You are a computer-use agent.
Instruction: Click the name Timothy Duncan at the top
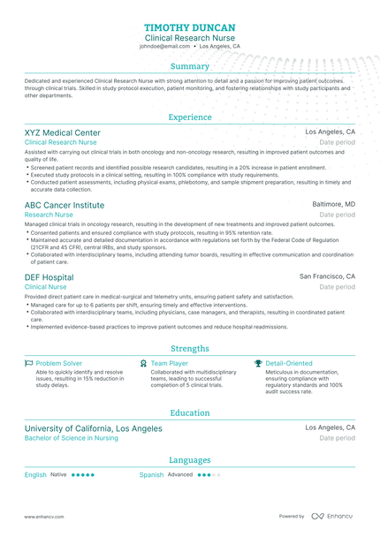click(x=189, y=27)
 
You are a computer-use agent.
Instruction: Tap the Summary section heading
click(x=189, y=66)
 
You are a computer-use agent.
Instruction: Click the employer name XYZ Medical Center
click(x=62, y=132)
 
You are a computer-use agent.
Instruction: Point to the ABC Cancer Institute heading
click(x=64, y=205)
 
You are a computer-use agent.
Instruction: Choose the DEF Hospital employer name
click(x=49, y=276)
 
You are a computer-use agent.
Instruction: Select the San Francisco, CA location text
click(x=327, y=276)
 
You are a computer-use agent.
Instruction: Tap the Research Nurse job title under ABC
click(x=49, y=215)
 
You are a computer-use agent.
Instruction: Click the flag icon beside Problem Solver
click(x=28, y=363)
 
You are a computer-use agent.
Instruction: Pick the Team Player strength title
click(x=169, y=363)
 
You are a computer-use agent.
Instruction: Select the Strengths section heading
click(x=189, y=349)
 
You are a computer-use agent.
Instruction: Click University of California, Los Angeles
click(x=93, y=428)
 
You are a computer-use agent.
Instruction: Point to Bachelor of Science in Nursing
click(x=71, y=438)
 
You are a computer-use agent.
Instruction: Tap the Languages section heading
click(x=189, y=460)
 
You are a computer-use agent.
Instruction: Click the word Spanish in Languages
click(x=151, y=475)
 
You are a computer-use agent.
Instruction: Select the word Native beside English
click(x=58, y=475)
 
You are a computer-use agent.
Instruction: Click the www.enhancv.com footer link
click(x=42, y=517)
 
